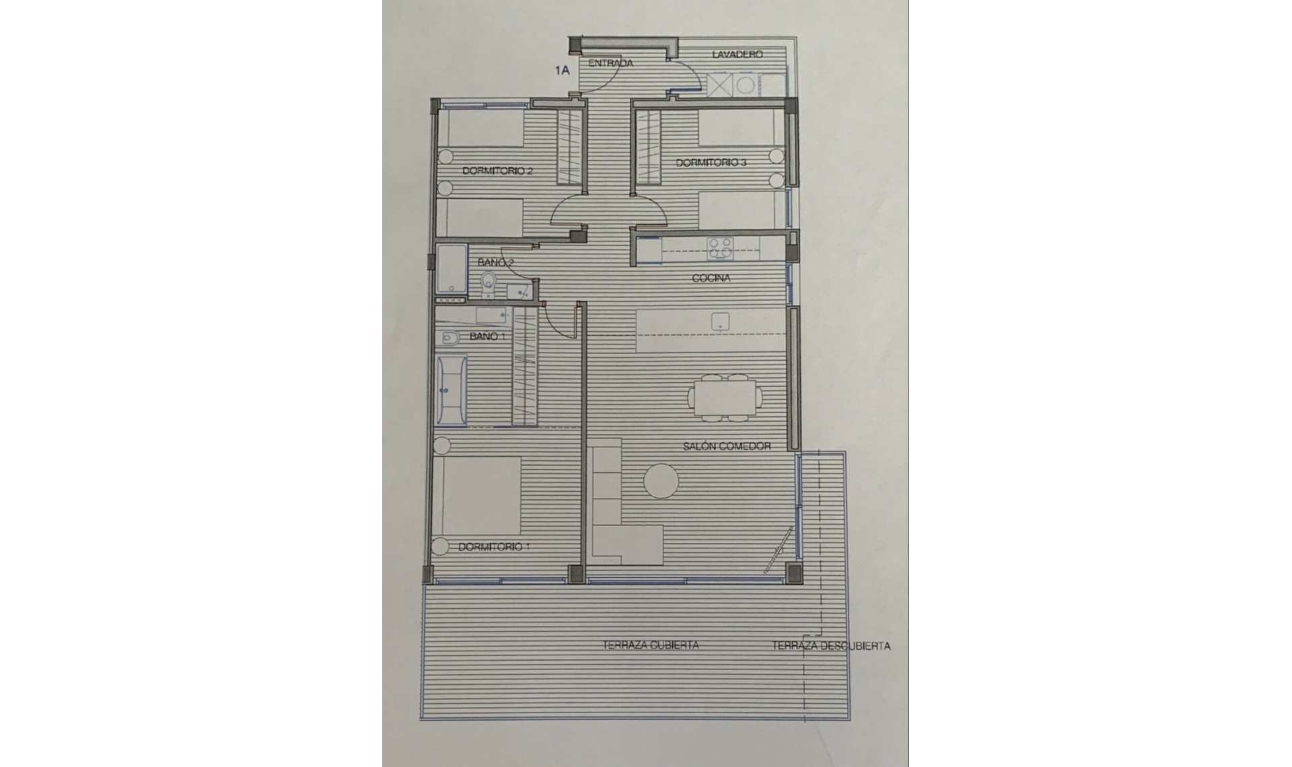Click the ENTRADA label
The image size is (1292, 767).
tap(610, 63)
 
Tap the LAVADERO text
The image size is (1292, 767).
tap(737, 54)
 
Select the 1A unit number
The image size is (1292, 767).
tap(562, 69)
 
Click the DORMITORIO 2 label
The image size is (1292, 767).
tap(497, 171)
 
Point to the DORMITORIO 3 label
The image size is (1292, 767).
tap(711, 163)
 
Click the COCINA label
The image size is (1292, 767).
tap(711, 278)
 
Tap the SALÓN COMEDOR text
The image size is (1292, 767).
tap(726, 446)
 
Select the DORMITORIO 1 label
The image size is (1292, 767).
tap(493, 547)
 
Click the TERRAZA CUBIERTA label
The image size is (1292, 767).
tap(651, 645)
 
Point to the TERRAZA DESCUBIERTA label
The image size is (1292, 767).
tap(830, 646)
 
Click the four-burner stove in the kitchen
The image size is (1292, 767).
tap(720, 248)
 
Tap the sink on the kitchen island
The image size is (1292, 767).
tap(721, 322)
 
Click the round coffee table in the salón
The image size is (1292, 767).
tap(661, 481)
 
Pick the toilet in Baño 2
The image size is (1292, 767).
tap(489, 285)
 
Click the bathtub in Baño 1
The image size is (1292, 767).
tap(451, 392)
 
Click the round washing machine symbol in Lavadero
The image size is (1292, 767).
tap(746, 85)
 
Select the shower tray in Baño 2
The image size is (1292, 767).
tap(451, 269)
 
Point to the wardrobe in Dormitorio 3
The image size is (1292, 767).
tap(648, 147)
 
